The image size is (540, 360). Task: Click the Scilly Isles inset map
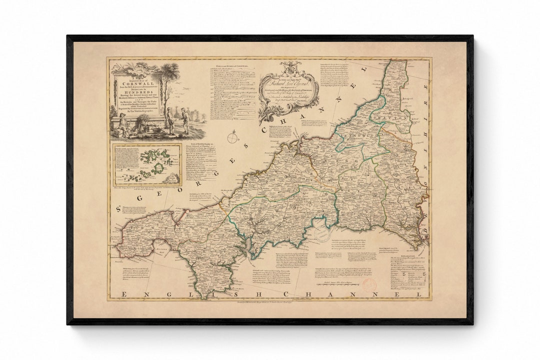point(146,164)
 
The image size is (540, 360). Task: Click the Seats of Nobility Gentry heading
point(200,143)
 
